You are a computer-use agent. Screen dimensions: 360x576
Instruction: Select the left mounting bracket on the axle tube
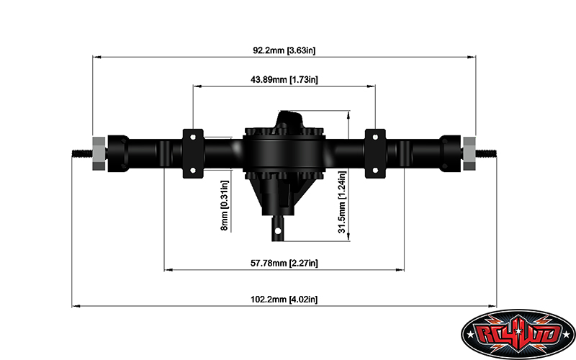coord(194,153)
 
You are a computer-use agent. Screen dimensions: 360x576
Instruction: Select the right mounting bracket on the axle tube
coord(375,153)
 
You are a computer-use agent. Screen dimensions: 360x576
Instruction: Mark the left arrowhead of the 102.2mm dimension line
coord(75,306)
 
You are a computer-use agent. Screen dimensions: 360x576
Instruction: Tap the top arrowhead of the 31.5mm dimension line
coord(349,114)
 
